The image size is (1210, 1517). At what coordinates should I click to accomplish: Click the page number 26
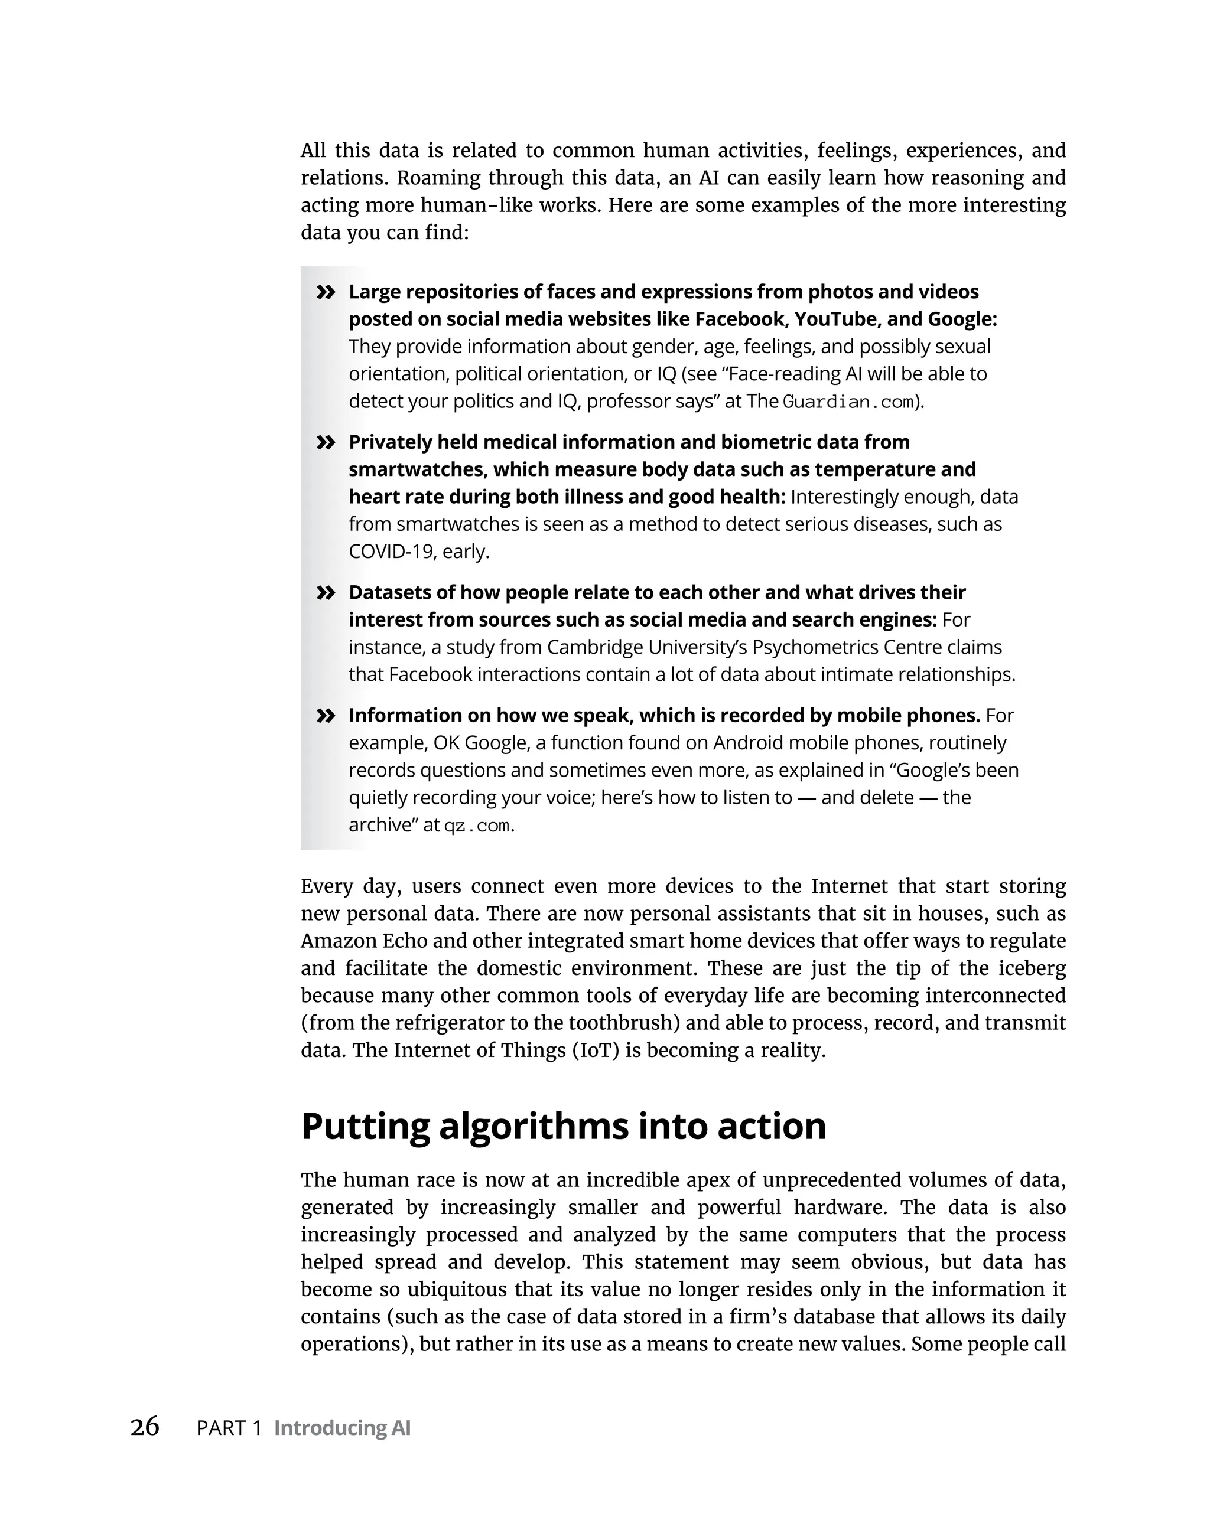coord(144,1426)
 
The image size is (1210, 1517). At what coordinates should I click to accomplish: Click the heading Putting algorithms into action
coord(563,1125)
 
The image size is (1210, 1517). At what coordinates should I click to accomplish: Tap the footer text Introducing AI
coord(342,1428)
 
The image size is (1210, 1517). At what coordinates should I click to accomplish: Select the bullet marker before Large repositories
coord(325,292)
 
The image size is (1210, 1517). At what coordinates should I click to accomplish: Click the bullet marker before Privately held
coord(325,442)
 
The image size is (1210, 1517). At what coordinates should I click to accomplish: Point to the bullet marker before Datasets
coord(325,592)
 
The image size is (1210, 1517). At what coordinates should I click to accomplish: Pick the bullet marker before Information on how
coord(325,716)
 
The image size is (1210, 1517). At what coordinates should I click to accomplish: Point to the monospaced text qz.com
coord(477,826)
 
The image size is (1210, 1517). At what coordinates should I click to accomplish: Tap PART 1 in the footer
coord(229,1428)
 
